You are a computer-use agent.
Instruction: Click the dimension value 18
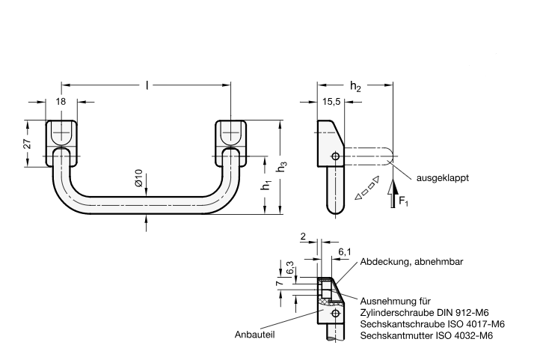tap(61, 101)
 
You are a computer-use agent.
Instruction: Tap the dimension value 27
tap(26, 144)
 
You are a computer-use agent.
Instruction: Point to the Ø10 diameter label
tap(138, 179)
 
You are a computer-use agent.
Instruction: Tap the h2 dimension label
tap(355, 88)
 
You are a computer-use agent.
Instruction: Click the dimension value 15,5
tap(333, 101)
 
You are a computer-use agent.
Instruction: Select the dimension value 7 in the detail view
tap(279, 284)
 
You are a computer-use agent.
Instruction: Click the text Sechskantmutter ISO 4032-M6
tap(426, 336)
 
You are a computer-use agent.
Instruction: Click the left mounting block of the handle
tap(63, 134)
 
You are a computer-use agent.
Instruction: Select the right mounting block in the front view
tap(232, 134)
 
